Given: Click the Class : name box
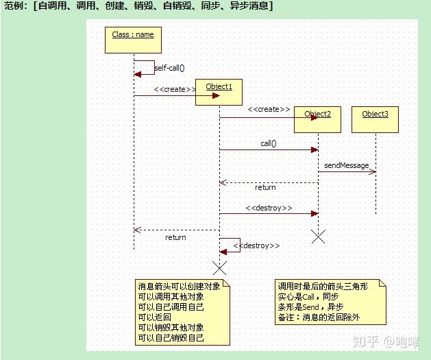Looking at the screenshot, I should pyautogui.click(x=133, y=40).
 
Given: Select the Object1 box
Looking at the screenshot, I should pyautogui.click(x=219, y=92).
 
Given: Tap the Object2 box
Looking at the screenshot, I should pyautogui.click(x=317, y=119).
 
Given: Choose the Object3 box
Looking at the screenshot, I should pyautogui.click(x=375, y=119).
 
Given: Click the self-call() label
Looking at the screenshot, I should pyautogui.click(x=169, y=68).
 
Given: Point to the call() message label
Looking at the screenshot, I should pyautogui.click(x=268, y=143).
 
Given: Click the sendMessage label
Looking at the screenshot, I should pyautogui.click(x=346, y=165).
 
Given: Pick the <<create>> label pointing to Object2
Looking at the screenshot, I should pyautogui.click(x=269, y=109).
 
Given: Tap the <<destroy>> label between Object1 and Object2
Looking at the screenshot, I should pyautogui.click(x=269, y=208).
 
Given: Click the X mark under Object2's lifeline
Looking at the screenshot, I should pyautogui.click(x=318, y=237).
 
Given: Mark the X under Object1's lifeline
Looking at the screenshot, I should pyautogui.click(x=219, y=267).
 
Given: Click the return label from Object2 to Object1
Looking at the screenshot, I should pyautogui.click(x=265, y=187).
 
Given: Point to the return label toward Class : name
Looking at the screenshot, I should pyautogui.click(x=175, y=237).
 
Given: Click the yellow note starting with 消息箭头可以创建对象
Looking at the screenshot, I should pyautogui.click(x=182, y=312).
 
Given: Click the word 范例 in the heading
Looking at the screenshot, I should pyautogui.click(x=15, y=6).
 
